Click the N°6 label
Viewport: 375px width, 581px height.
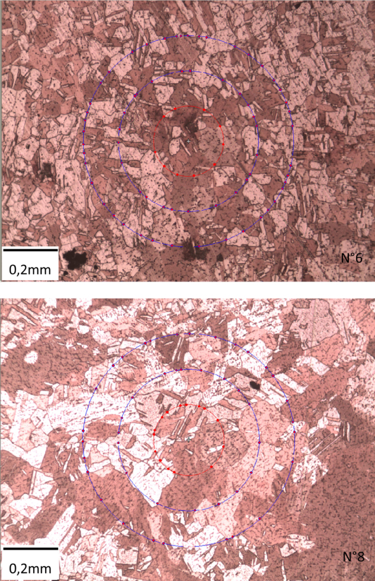350,259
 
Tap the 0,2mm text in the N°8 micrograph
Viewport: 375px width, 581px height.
30,567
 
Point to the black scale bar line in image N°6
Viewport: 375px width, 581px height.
30,250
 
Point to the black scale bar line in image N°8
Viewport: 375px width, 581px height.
30,549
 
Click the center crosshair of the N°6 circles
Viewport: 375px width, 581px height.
188,141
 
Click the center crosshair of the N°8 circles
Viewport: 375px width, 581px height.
188,439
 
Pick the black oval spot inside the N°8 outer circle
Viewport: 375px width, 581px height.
255,386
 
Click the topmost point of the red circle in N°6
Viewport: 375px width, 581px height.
188,106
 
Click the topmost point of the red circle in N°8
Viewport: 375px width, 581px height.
188,404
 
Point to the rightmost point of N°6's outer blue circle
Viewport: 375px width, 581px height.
294,141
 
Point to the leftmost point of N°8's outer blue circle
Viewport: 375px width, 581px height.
83,440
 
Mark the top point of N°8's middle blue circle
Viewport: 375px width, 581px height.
189,369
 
